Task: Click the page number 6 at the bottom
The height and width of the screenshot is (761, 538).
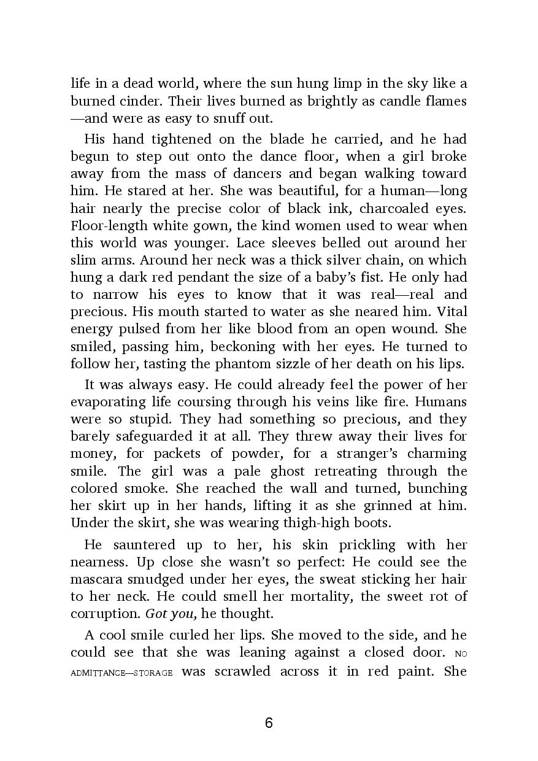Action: coord(269,722)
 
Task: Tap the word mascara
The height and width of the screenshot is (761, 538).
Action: coord(99,579)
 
